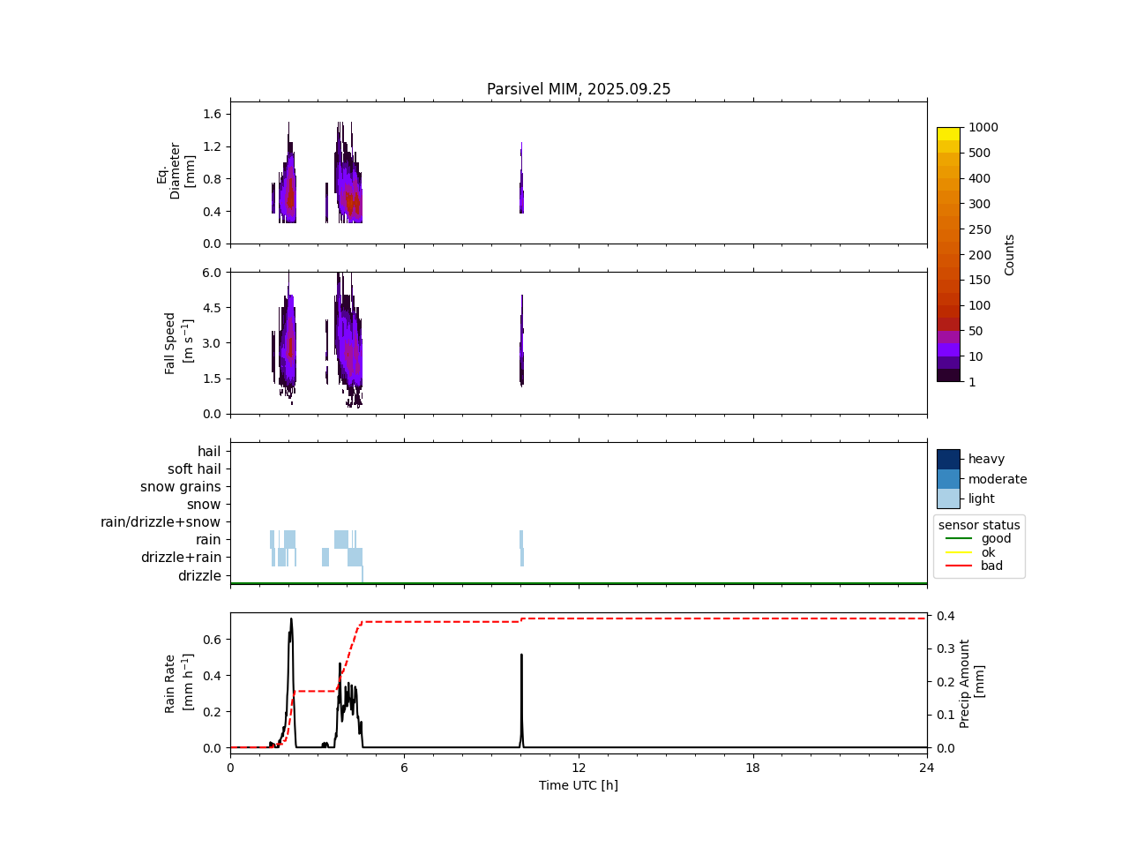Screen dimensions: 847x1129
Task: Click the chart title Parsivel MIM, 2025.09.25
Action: [x=579, y=89]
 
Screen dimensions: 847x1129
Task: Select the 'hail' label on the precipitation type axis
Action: [x=209, y=452]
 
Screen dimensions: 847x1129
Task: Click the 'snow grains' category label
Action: [x=181, y=487]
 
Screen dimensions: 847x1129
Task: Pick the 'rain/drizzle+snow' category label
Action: [x=161, y=522]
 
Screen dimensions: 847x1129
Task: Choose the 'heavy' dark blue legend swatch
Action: [x=948, y=459]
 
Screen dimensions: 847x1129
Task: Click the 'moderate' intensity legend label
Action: [x=998, y=479]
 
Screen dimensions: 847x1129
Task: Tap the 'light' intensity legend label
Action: [x=982, y=498]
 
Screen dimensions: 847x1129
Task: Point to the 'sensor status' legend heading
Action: [x=979, y=525]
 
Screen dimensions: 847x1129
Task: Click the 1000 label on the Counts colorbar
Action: [x=983, y=127]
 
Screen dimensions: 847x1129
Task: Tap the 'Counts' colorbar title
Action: [x=1010, y=254]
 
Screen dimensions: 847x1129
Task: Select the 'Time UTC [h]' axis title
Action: [x=579, y=785]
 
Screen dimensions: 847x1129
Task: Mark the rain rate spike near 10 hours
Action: [x=521, y=656]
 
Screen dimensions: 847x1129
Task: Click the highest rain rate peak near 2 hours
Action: [x=291, y=619]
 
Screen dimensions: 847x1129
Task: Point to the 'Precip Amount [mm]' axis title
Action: [x=971, y=683]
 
